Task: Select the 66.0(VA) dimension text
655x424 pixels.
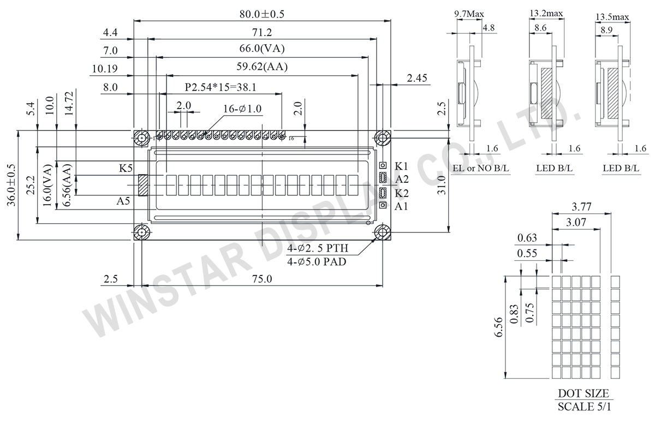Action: pos(263,49)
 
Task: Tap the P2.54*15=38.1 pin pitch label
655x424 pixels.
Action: pos(221,87)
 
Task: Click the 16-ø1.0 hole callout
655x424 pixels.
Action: pos(243,109)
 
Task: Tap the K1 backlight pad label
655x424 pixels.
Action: pos(402,166)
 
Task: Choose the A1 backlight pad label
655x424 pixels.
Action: pos(402,206)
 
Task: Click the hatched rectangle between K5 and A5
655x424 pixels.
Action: pos(144,185)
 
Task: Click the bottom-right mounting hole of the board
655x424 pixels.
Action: pos(382,233)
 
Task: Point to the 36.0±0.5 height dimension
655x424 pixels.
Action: pos(11,186)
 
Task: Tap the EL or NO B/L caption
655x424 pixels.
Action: pos(480,169)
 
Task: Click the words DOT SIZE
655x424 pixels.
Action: pos(583,393)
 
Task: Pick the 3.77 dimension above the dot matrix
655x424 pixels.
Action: pos(580,206)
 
